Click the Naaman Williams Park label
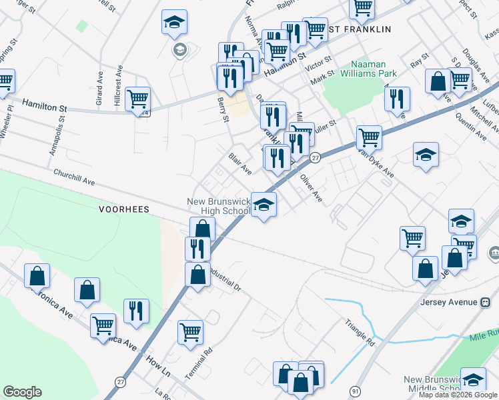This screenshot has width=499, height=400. point(370,69)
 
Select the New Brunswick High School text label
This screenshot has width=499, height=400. point(218,207)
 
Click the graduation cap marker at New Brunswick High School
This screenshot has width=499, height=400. point(264,205)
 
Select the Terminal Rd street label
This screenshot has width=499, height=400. point(199,363)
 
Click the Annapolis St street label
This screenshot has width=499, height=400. point(57,137)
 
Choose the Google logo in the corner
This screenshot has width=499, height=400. point(22,392)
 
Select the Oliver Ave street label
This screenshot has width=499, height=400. point(311,188)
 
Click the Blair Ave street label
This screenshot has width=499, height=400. point(239,164)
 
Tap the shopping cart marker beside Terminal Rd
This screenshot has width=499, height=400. point(190,331)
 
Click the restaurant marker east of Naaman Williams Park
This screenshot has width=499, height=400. point(397,99)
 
